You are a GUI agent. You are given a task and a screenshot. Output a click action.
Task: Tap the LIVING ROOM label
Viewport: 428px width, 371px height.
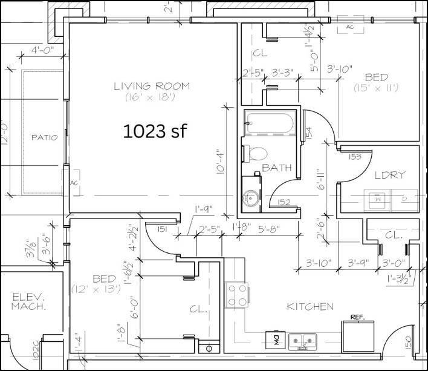click(x=151, y=86)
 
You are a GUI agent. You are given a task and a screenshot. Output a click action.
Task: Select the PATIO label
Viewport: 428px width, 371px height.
click(x=45, y=137)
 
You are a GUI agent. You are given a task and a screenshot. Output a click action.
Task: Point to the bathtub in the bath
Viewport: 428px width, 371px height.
click(x=270, y=124)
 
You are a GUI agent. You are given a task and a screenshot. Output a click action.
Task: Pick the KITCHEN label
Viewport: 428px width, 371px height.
click(x=310, y=307)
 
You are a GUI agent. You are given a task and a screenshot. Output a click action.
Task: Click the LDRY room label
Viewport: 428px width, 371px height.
click(x=389, y=175)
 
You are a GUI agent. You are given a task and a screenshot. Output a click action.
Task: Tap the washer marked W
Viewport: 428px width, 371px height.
click(x=378, y=197)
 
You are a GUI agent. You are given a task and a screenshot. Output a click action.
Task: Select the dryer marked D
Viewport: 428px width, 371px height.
click(x=404, y=197)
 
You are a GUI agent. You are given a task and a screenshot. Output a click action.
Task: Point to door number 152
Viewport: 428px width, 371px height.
click(x=284, y=203)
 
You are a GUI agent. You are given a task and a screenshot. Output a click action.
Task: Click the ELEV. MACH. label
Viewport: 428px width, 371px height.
click(x=28, y=303)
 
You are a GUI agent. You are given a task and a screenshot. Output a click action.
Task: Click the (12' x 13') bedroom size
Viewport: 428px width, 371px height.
click(x=96, y=289)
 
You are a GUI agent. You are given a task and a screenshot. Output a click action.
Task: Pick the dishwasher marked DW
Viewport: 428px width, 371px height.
click(x=273, y=340)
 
